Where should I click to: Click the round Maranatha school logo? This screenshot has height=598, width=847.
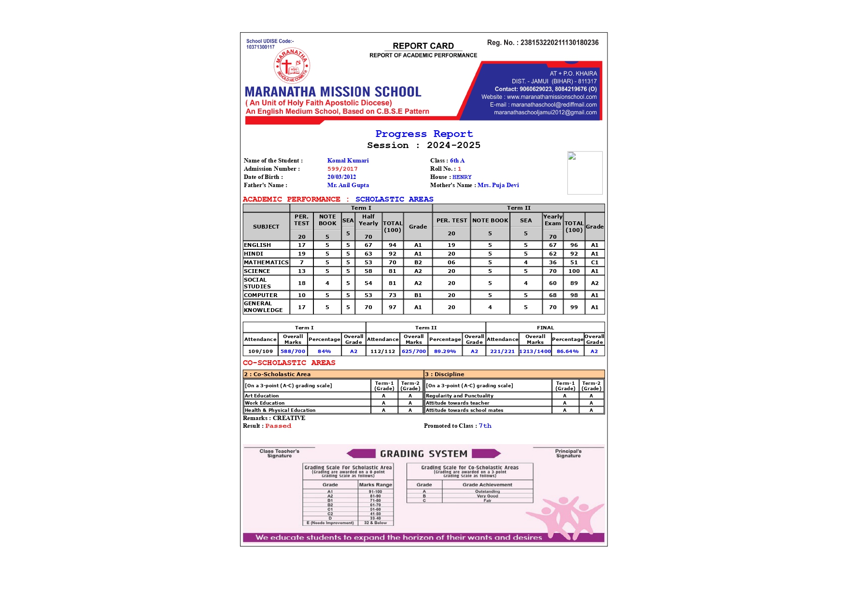click(x=292, y=66)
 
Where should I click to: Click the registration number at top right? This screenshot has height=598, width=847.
click(x=543, y=42)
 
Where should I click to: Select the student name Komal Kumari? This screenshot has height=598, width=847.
click(x=348, y=161)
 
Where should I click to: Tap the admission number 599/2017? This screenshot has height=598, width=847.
click(x=342, y=169)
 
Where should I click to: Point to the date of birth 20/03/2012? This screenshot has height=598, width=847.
click(x=341, y=177)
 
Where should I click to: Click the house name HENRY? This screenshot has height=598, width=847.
click(x=462, y=177)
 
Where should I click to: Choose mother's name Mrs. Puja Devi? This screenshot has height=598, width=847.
click(x=498, y=185)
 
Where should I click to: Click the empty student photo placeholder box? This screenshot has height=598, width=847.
click(x=585, y=173)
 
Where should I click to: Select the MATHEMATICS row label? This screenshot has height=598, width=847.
click(x=266, y=262)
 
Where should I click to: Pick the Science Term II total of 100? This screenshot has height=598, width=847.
click(x=574, y=271)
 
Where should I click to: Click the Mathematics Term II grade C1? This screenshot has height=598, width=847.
click(x=594, y=262)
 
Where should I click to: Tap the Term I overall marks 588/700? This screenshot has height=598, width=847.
click(x=293, y=351)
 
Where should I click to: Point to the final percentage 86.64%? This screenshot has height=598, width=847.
click(x=567, y=351)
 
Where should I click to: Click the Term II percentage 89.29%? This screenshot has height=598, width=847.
click(x=445, y=351)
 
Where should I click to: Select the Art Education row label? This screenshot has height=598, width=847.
click(x=262, y=395)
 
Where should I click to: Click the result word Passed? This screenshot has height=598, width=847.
click(x=278, y=426)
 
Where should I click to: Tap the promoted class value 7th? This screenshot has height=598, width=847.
click(x=485, y=426)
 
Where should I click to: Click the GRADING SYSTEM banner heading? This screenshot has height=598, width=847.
click(x=423, y=454)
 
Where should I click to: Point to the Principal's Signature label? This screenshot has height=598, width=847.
click(x=568, y=453)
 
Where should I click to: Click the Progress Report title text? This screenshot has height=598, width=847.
click(x=424, y=134)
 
